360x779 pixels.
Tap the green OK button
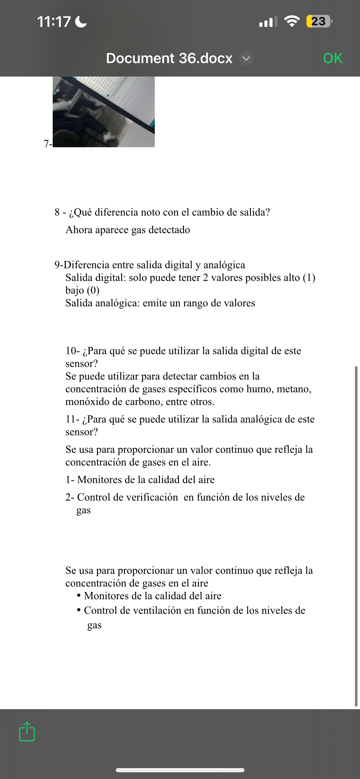333,58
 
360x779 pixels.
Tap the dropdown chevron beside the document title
246,58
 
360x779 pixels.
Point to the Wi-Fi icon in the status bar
292,21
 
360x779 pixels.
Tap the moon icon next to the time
81,22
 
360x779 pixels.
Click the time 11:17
54,22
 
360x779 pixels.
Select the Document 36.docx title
169,58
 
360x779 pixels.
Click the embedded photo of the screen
104,112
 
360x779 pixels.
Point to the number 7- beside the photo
48,143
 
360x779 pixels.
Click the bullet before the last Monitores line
79,596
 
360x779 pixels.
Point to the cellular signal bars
268,22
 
